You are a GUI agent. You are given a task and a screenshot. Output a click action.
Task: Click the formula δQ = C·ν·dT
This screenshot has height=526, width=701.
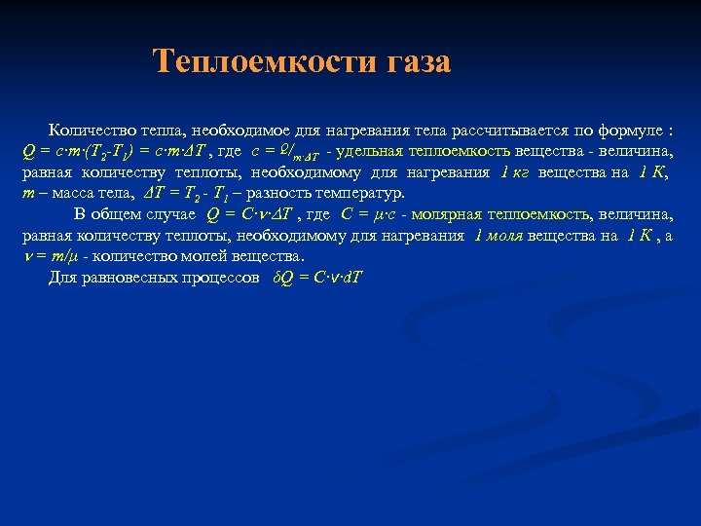point(317,278)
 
